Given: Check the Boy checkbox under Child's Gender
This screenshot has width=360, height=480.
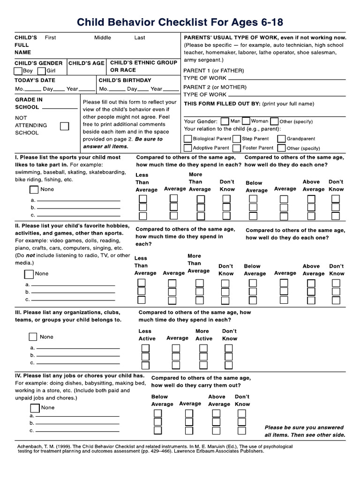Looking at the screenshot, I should point(18,71).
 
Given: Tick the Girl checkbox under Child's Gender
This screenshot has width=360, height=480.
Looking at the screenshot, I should point(41,71).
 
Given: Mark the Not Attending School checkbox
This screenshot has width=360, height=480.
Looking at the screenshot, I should point(65,126).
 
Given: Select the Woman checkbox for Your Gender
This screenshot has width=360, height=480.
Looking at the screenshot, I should point(247,121).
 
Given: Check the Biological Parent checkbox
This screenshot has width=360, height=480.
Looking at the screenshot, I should point(188,139).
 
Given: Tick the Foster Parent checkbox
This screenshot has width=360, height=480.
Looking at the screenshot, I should point(237,148).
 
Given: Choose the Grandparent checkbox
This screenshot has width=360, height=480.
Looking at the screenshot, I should point(281,139).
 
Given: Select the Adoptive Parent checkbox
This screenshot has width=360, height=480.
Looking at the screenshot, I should point(188,148).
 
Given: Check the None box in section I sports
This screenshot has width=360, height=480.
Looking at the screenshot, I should point(34,190).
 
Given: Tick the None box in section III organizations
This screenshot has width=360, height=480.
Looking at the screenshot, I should point(33,337).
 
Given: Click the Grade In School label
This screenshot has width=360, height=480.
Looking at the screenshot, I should point(29,103).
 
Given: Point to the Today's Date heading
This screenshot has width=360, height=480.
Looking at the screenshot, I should point(35,80).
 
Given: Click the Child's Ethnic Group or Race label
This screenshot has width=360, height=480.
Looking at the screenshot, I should point(143,66).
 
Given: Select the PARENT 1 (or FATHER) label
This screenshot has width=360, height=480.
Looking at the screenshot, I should point(214,70).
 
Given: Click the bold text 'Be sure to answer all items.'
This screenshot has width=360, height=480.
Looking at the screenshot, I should point(122,142).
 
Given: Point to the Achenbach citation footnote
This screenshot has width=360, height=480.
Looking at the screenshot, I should point(155,449).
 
